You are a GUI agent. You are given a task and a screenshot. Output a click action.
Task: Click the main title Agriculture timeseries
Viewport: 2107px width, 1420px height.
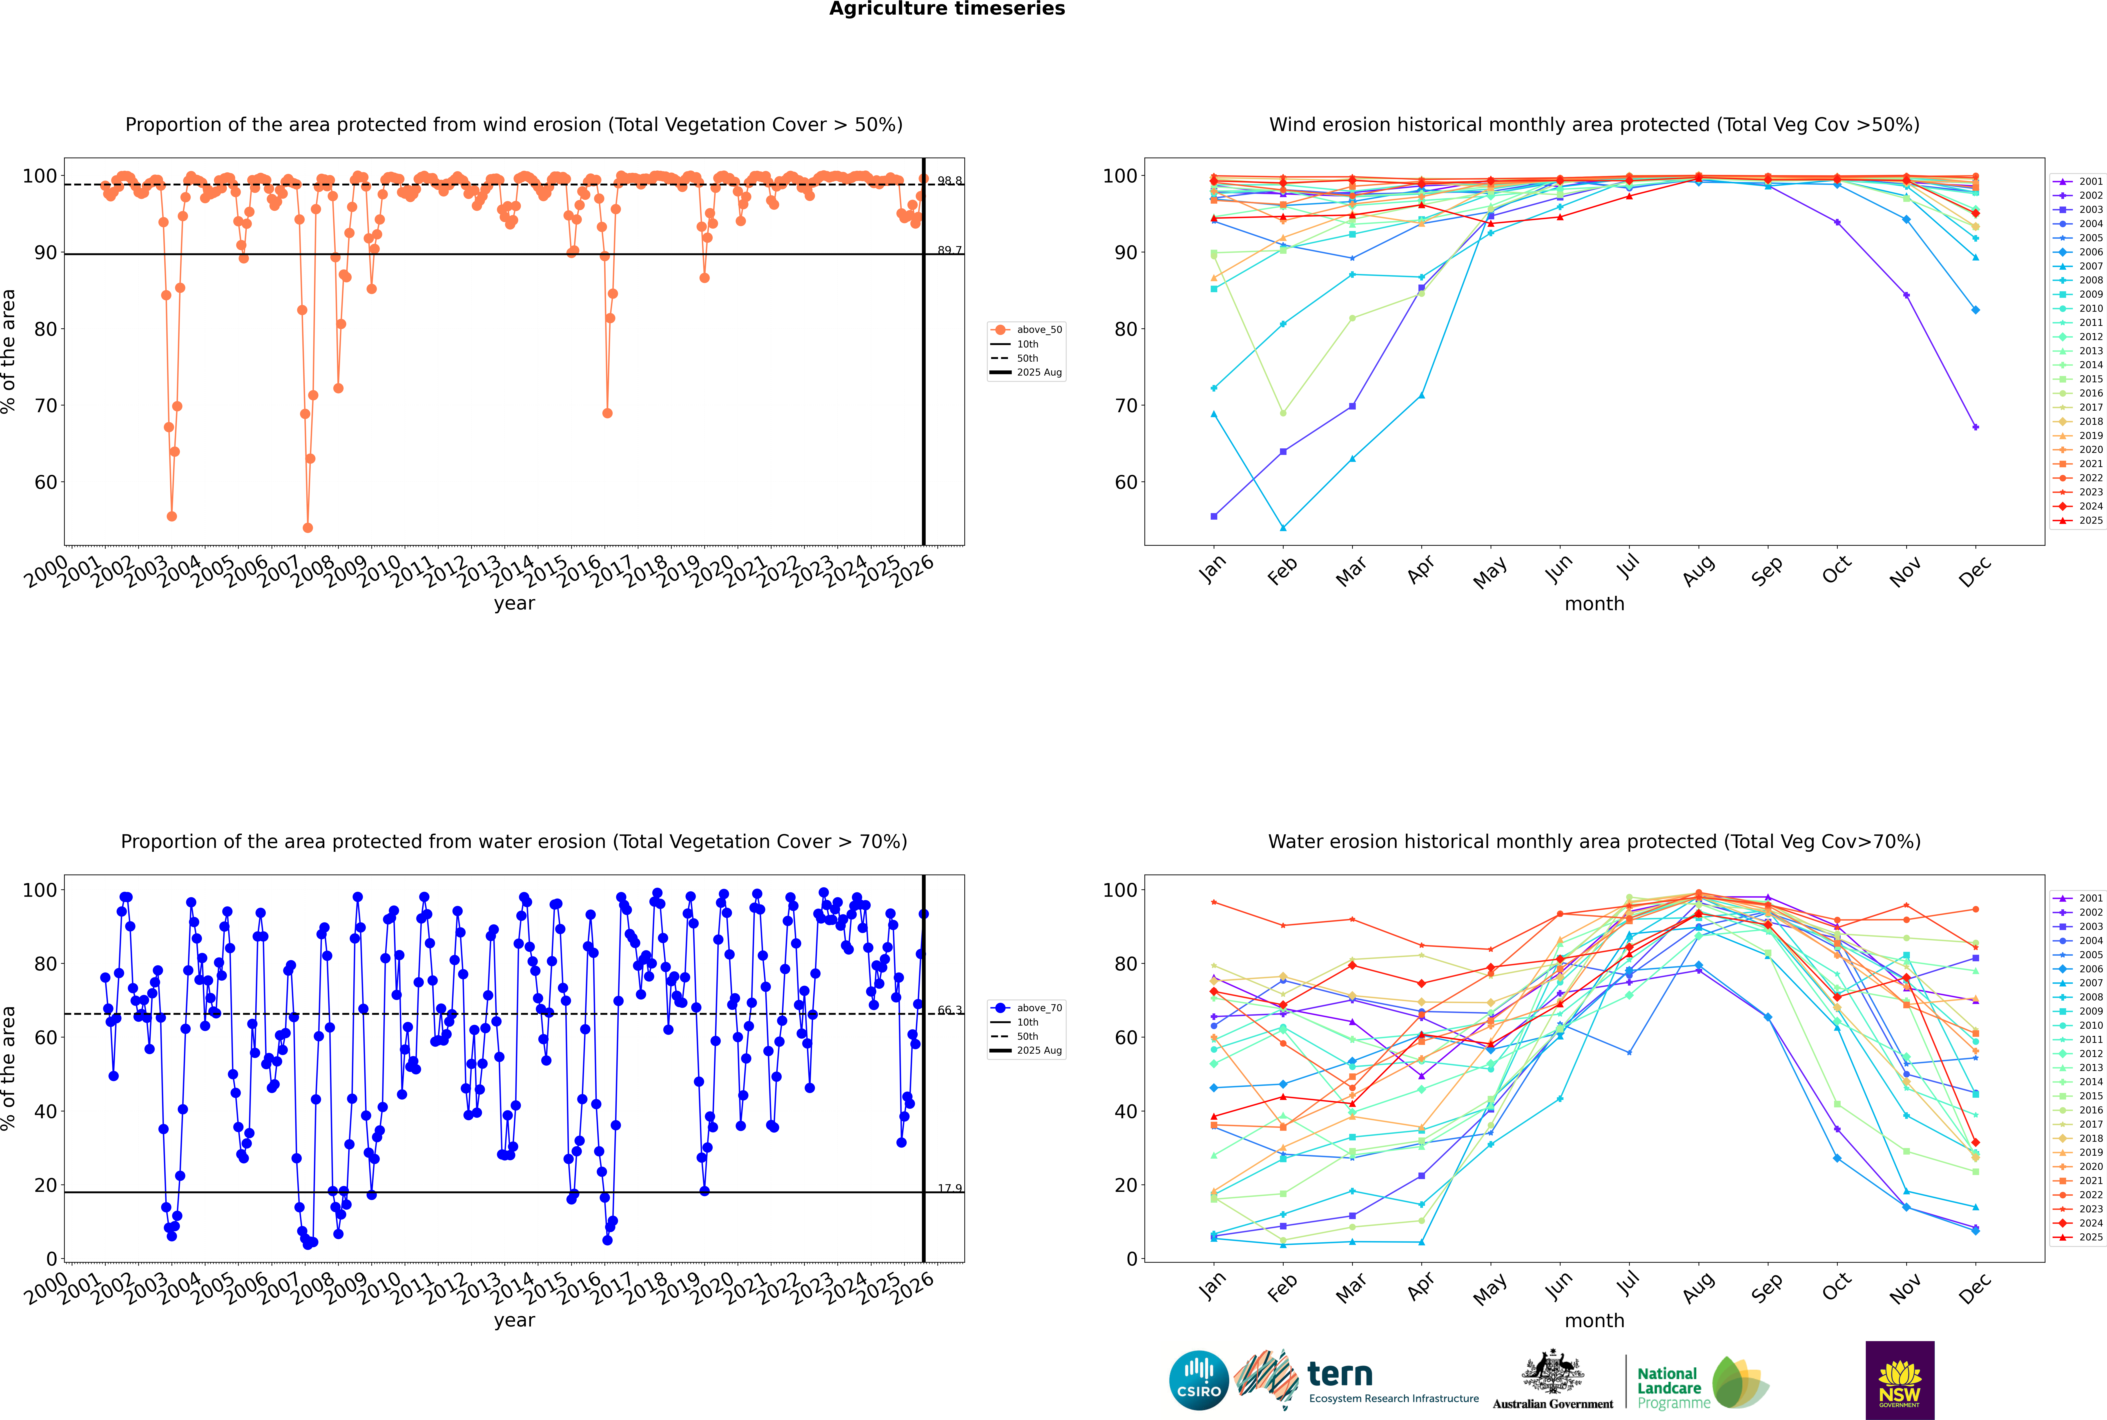(947, 9)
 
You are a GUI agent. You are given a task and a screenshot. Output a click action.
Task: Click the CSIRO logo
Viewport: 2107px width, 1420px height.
(1198, 1380)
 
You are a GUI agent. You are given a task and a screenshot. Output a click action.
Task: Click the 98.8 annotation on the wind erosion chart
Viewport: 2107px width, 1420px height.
(949, 181)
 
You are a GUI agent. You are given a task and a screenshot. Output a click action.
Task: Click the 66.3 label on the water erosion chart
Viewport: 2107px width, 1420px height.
(949, 1010)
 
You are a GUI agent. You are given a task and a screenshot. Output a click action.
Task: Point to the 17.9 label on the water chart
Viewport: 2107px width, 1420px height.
(949, 1188)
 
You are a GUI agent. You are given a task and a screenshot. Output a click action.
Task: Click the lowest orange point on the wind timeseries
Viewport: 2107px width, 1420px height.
(308, 528)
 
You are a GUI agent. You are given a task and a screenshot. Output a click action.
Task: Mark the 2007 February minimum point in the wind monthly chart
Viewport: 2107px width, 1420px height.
(1283, 528)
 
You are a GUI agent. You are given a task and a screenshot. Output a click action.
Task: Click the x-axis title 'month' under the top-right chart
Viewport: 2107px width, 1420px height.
(1594, 604)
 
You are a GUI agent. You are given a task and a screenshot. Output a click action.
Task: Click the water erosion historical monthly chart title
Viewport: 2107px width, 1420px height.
(1594, 841)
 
